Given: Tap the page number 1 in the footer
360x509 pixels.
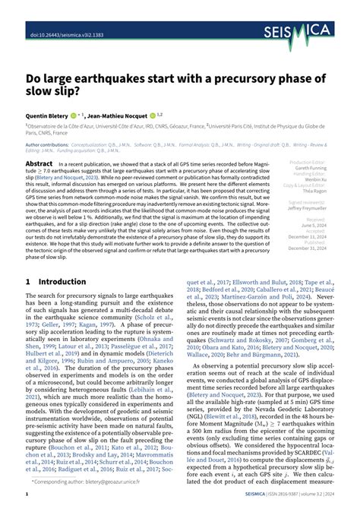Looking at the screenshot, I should (x=27, y=495).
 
